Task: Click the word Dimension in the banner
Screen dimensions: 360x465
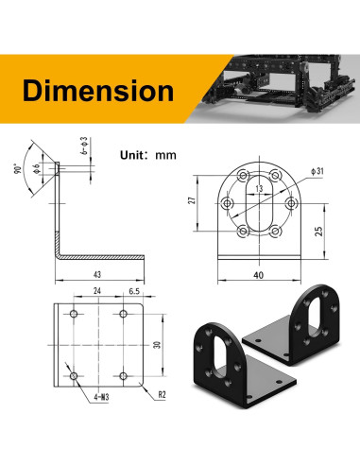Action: pos(98,91)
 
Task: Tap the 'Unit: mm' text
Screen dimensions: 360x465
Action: pos(148,155)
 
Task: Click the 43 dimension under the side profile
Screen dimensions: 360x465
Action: pos(97,274)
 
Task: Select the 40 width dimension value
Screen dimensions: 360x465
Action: pos(258,275)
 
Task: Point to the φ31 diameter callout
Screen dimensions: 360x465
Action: pos(317,171)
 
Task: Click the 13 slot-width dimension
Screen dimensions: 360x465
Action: pos(259,189)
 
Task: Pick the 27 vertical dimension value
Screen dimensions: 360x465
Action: pos(192,200)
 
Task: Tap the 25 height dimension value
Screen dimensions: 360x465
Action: pos(318,232)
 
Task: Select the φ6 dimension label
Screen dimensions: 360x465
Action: pos(36,168)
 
